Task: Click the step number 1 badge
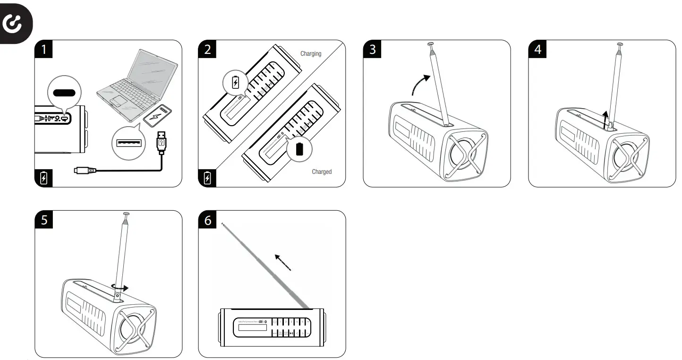[44, 50]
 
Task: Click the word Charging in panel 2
[311, 54]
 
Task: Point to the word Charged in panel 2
[322, 172]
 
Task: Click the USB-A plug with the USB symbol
[162, 141]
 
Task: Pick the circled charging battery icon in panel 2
[236, 83]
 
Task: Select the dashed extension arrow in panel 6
[282, 261]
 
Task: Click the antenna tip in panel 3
[431, 45]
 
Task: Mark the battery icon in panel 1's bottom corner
[44, 178]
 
